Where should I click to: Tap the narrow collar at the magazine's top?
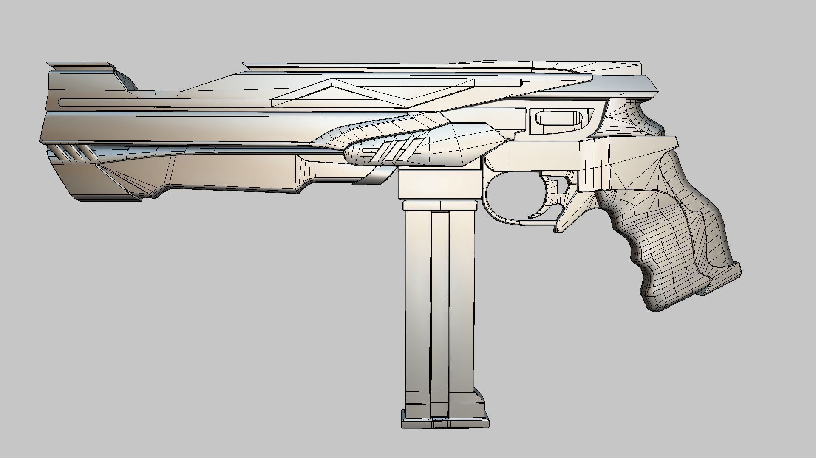click(439, 206)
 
